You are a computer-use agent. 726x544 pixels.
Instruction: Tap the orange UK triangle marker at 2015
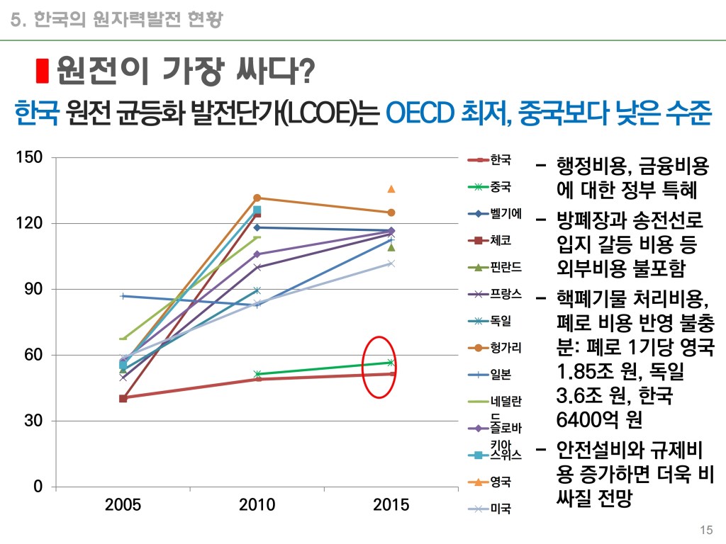(391, 189)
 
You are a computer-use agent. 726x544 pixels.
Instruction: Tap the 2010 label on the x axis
(257, 504)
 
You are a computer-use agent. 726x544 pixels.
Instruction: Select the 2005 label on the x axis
(123, 504)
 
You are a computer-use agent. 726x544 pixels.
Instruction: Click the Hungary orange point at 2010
(257, 198)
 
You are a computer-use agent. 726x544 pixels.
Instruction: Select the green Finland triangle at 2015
(391, 247)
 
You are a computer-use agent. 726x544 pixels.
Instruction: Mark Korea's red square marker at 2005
(123, 398)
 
